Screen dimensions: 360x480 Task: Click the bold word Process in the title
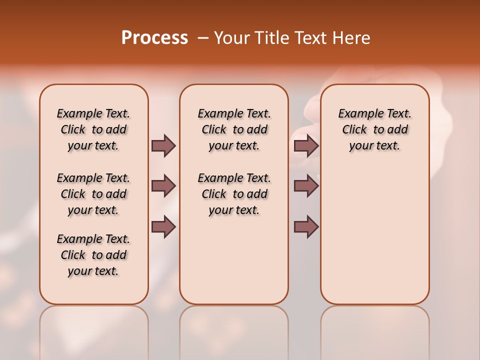tap(154, 38)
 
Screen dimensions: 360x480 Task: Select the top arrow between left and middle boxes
tap(163, 145)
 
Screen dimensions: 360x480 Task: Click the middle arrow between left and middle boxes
tap(163, 186)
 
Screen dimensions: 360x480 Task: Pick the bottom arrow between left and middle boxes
tap(163, 227)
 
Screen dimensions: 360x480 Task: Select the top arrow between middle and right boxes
tap(306, 145)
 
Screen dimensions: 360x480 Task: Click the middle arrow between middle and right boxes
tap(306, 186)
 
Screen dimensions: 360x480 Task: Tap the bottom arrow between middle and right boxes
tap(306, 227)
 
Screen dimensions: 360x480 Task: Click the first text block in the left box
tap(93, 129)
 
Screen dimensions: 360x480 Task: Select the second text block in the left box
tap(93, 194)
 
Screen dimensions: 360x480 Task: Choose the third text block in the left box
tap(93, 255)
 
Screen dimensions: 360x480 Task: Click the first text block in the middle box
tap(234, 129)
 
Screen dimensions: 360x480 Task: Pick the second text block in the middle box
tap(234, 194)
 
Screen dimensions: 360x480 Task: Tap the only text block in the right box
tap(374, 129)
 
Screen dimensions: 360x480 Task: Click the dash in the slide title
tap(203, 38)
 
